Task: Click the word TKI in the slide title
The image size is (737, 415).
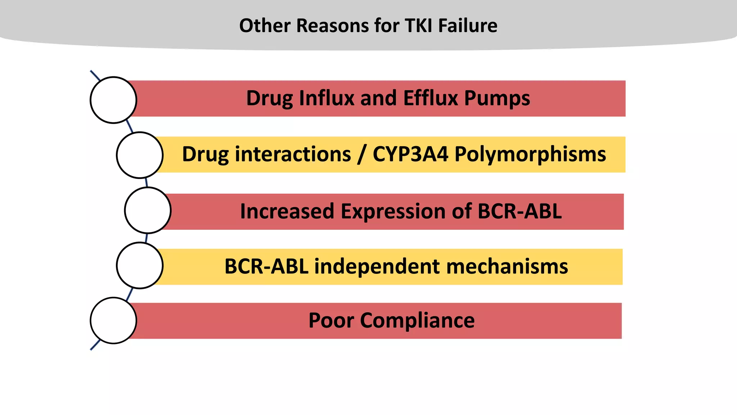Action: pyautogui.click(x=419, y=26)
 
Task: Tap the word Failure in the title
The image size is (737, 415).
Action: pyautogui.click(x=468, y=26)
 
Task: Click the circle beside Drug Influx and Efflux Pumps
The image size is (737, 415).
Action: pyautogui.click(x=113, y=100)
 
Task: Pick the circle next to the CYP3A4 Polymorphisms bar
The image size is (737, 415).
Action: pyautogui.click(x=140, y=155)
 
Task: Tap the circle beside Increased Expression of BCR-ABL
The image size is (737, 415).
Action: pyautogui.click(x=148, y=210)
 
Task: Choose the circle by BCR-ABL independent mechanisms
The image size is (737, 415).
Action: pyautogui.click(x=140, y=265)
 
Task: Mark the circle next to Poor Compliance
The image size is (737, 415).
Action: pyautogui.click(x=113, y=320)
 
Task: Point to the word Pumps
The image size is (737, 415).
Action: pyautogui.click(x=497, y=99)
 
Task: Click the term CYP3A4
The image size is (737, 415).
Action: pyautogui.click(x=410, y=154)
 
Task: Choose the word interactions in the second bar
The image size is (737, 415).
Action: pyautogui.click(x=293, y=154)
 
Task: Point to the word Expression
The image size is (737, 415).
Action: pyautogui.click(x=406, y=211)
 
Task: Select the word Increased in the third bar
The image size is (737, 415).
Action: pyautogui.click(x=287, y=211)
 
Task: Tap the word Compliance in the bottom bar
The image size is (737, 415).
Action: pyautogui.click(x=417, y=321)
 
